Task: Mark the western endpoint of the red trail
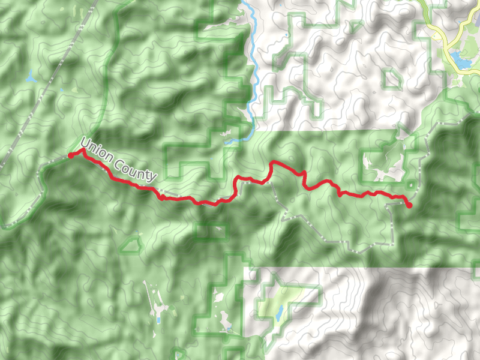click(71, 155)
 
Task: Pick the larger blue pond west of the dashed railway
click(29, 77)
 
